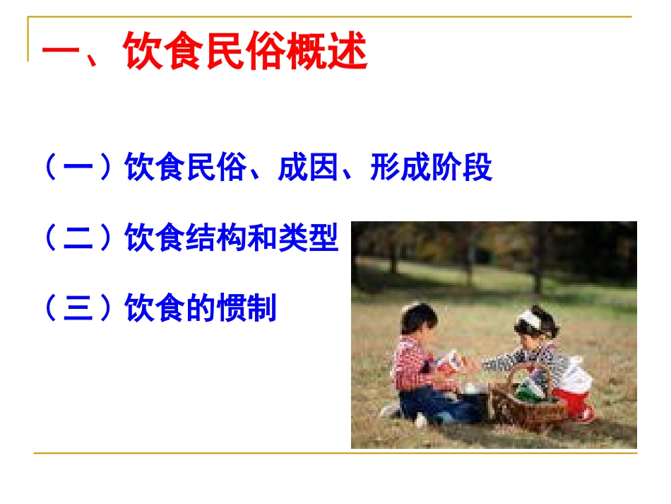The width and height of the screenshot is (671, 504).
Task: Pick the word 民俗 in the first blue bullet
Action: (x=215, y=169)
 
